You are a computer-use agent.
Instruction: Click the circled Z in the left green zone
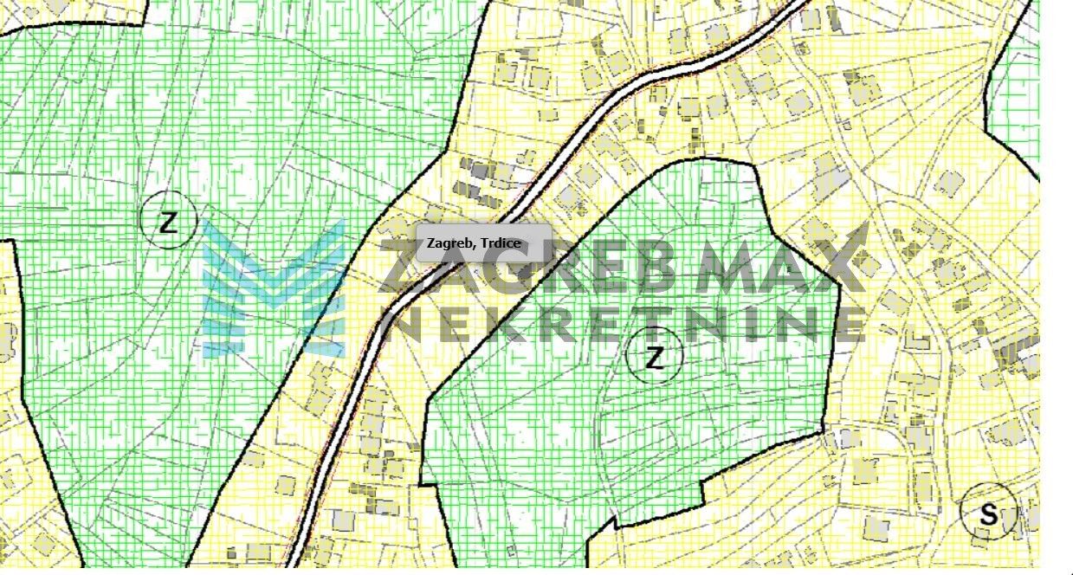coord(168,222)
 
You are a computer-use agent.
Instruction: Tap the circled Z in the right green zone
coord(655,356)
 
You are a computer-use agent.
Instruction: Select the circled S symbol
coord(988,513)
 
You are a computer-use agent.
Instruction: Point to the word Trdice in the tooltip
coord(501,243)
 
